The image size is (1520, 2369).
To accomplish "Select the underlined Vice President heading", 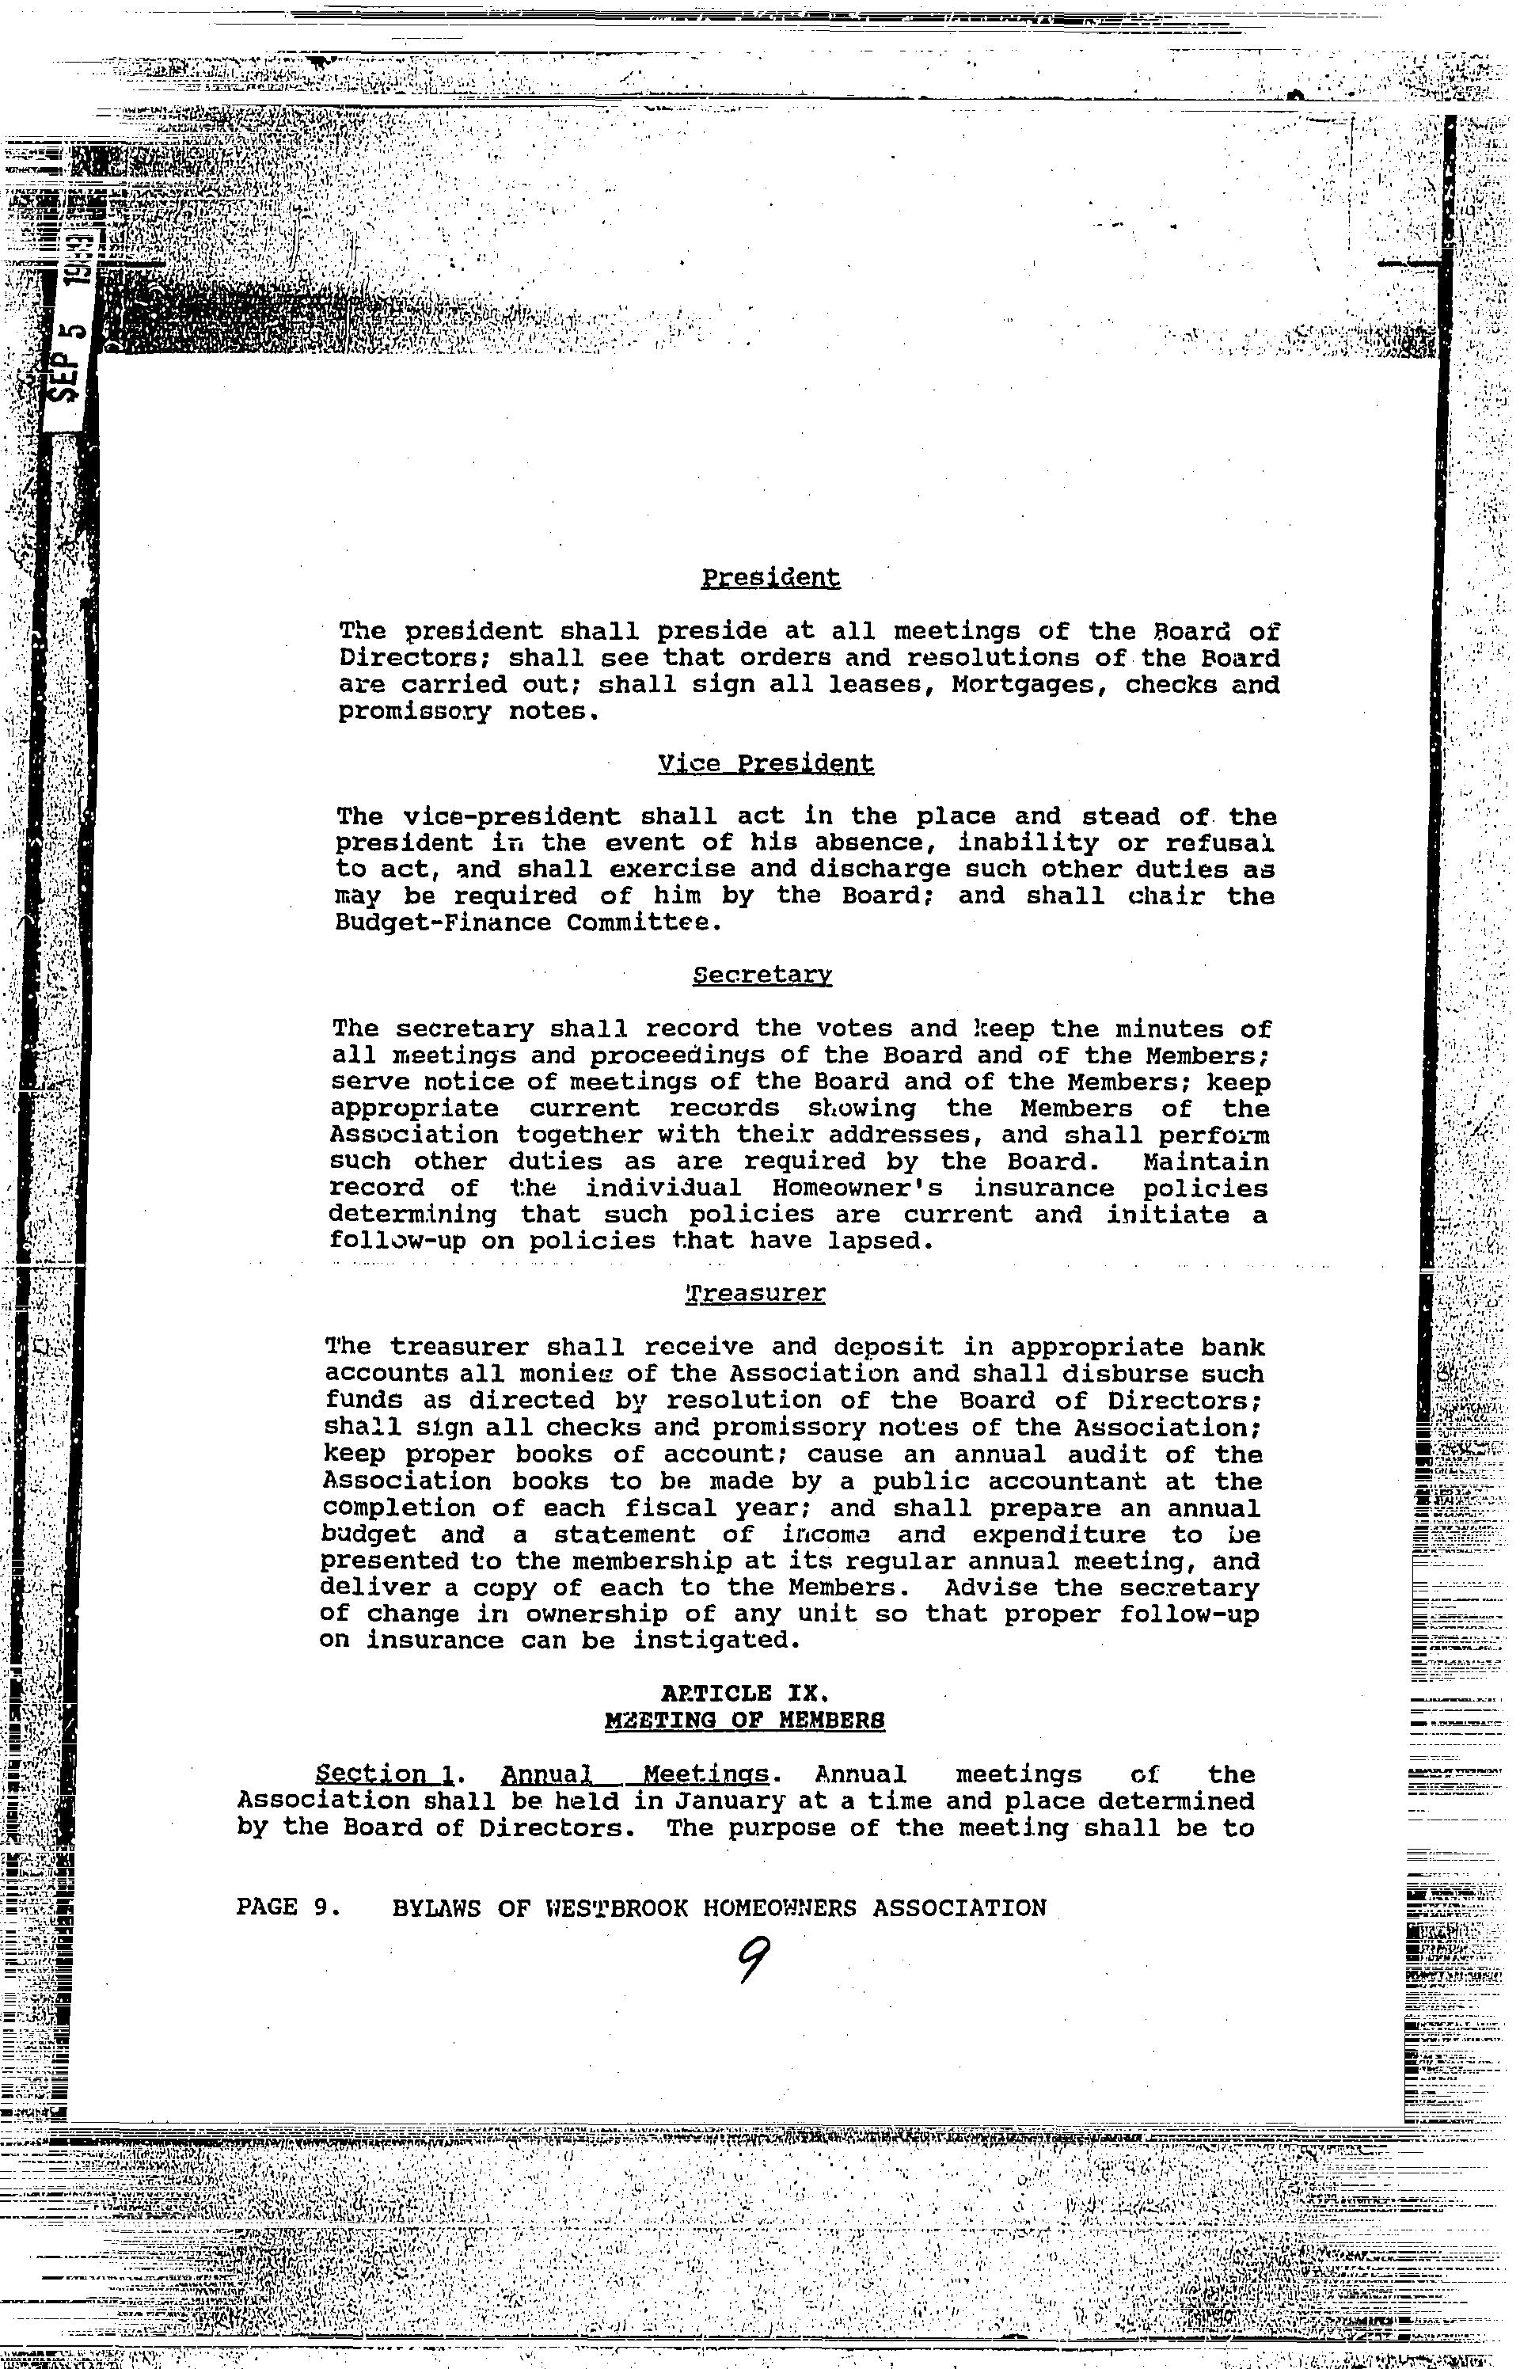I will [765, 763].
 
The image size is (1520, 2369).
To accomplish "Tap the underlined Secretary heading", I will [762, 975].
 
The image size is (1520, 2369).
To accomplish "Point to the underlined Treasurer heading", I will [755, 1293].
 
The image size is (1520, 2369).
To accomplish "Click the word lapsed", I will [876, 1241].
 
